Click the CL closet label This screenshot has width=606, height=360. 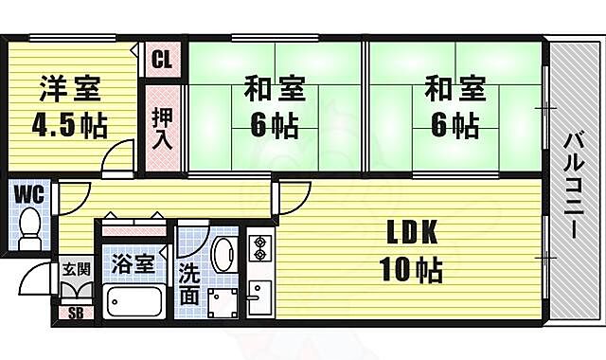click(161, 60)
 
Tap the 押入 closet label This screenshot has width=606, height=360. click(162, 128)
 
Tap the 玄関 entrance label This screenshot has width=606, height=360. click(76, 269)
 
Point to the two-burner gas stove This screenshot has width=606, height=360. click(259, 249)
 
